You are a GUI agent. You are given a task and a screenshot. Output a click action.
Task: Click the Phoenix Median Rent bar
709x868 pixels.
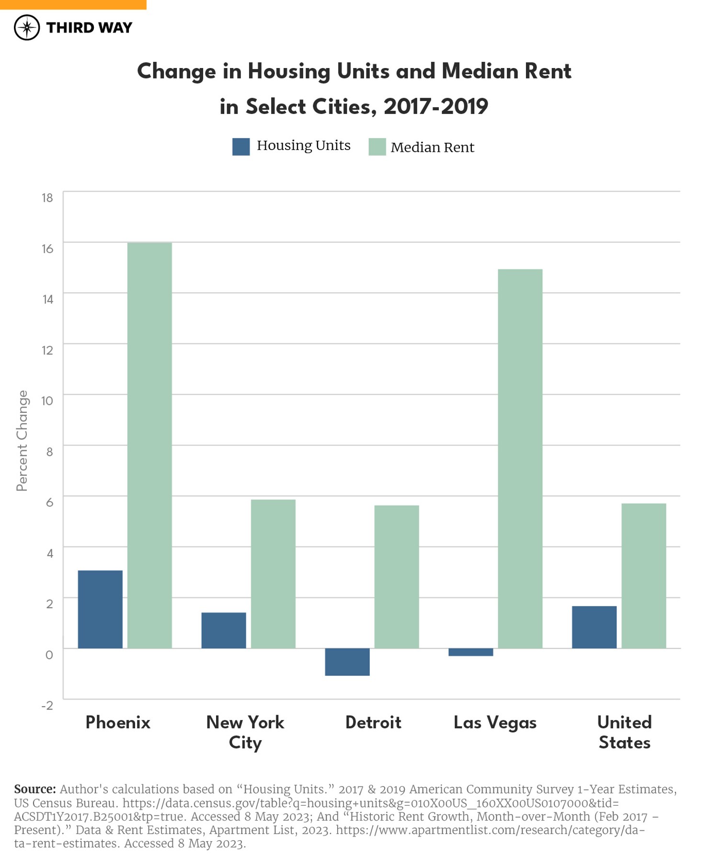[x=149, y=445]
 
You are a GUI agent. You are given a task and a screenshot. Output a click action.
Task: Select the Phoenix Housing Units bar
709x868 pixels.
[x=100, y=609]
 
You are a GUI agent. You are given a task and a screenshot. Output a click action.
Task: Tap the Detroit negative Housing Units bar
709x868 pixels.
[x=347, y=662]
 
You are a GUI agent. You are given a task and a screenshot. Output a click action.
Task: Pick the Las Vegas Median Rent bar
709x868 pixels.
[x=520, y=458]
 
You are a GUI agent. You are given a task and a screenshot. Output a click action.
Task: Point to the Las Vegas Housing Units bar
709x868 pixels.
[x=471, y=652]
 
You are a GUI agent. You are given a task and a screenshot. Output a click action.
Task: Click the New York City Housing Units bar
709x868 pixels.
[x=224, y=630]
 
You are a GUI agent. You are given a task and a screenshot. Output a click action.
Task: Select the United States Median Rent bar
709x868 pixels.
[x=644, y=576]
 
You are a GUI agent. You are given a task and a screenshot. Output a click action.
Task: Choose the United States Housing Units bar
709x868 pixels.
[x=595, y=627]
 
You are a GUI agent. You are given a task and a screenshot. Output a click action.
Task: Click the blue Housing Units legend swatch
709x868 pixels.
[x=241, y=147]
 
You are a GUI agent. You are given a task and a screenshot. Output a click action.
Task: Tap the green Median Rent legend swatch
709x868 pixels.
[x=377, y=147]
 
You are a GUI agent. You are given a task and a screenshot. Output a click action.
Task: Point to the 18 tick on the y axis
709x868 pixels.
[x=47, y=198]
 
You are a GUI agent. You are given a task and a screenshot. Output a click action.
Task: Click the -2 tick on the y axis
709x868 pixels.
[x=47, y=706]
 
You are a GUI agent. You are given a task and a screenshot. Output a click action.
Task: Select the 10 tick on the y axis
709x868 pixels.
[x=47, y=401]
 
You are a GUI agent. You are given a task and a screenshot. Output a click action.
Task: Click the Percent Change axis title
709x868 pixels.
[x=22, y=441]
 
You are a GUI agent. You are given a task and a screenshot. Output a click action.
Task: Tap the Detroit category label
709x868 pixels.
[x=373, y=722]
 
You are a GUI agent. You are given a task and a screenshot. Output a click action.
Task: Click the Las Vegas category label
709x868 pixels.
[x=495, y=722]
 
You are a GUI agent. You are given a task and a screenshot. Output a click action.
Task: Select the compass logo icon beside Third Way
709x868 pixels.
[x=27, y=27]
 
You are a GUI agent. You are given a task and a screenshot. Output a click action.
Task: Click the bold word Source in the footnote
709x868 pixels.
[x=35, y=789]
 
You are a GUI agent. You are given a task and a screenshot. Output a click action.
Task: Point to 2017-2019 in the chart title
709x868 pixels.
[x=435, y=106]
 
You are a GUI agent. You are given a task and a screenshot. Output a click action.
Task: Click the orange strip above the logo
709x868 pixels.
[x=73, y=4]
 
